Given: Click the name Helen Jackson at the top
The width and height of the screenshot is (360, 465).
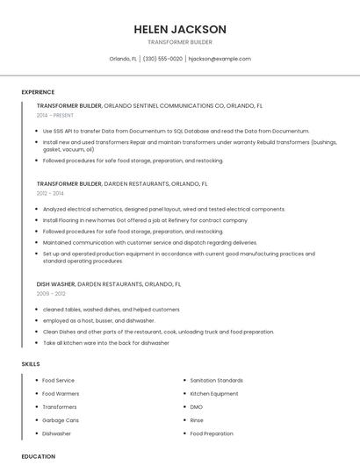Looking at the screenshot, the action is click(180, 29).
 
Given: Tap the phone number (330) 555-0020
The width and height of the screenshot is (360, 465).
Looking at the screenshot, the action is click(162, 59).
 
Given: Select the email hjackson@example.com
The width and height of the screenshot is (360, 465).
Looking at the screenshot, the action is click(220, 59).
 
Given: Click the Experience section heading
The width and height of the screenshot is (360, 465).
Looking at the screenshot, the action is click(38, 92).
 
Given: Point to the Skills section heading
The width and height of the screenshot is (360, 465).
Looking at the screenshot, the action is click(31, 363).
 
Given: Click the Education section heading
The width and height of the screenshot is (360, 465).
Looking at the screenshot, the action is click(39, 456).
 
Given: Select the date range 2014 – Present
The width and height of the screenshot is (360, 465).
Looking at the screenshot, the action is click(55, 115).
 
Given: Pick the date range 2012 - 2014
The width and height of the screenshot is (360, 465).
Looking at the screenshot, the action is click(50, 193).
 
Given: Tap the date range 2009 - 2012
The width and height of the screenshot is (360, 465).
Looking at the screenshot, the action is click(50, 294).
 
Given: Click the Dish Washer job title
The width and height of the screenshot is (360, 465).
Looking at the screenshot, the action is click(55, 284).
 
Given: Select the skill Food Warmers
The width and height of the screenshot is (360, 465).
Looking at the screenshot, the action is click(61, 394).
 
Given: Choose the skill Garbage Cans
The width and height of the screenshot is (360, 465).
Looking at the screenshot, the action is click(61, 420).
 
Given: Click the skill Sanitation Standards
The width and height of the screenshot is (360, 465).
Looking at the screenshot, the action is click(217, 381).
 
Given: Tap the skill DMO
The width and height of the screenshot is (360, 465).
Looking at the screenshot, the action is click(197, 407).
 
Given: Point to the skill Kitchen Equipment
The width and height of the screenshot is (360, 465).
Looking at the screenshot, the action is click(214, 394).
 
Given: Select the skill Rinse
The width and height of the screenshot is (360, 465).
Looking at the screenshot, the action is click(198, 420).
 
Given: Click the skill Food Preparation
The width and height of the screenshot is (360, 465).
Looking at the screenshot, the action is click(212, 433).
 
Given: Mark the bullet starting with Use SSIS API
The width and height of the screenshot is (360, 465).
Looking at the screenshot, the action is click(176, 131).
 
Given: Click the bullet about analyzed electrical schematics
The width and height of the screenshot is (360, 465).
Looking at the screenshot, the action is click(164, 209).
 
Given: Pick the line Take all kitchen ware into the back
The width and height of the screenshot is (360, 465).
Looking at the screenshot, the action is click(106, 343).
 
